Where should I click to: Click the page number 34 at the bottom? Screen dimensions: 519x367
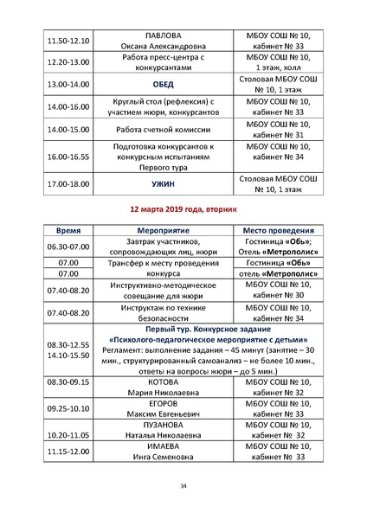tap(183, 485)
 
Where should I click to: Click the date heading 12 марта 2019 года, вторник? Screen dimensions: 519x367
tap(183, 209)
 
